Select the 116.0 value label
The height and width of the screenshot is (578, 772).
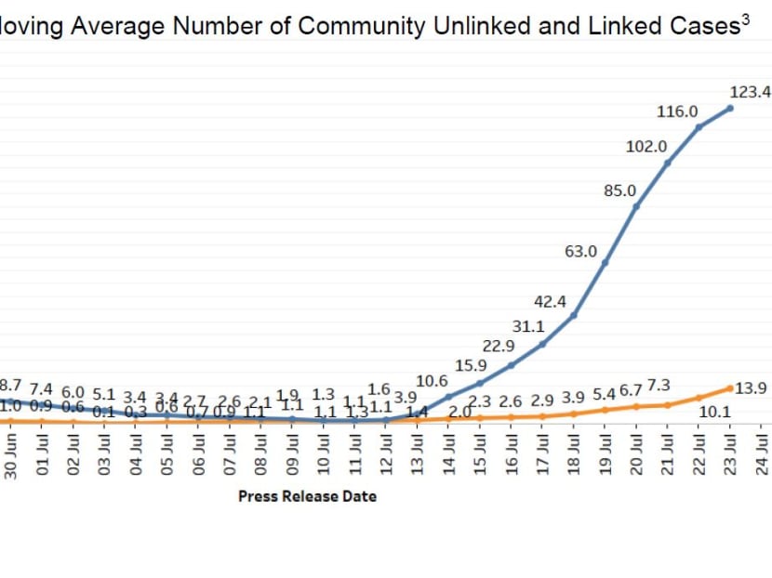(x=677, y=112)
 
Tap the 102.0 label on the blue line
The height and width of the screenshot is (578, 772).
(x=646, y=146)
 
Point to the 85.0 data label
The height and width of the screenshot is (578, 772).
(x=619, y=190)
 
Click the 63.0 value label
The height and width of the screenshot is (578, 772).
(x=580, y=251)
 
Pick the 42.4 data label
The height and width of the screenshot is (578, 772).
(x=550, y=301)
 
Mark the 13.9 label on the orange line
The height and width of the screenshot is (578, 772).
(x=751, y=388)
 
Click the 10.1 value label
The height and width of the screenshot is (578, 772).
(x=713, y=411)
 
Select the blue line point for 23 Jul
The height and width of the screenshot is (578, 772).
(x=730, y=108)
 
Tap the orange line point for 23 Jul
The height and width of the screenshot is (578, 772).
(x=730, y=387)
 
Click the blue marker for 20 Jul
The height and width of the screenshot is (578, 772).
(x=636, y=206)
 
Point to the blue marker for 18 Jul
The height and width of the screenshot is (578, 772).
(x=574, y=315)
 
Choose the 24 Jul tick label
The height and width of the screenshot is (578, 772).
(x=762, y=455)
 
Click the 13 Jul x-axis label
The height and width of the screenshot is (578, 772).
(x=418, y=455)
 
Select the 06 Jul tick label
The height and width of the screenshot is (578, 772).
(x=199, y=455)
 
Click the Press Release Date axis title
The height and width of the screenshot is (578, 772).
(x=307, y=496)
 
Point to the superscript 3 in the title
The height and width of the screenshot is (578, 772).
(x=744, y=20)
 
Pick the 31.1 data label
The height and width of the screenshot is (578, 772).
(x=529, y=326)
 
